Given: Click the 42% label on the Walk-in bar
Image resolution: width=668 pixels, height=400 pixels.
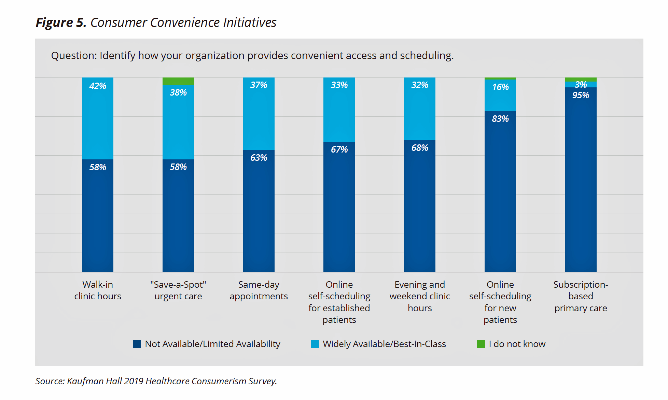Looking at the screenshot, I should tap(98, 86).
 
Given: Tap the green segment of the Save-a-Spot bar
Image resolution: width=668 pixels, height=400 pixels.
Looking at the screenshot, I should tap(178, 81).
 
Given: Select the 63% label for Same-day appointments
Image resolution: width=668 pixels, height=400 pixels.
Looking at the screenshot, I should tap(259, 158).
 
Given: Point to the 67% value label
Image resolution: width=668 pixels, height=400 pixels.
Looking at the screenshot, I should tap(339, 149).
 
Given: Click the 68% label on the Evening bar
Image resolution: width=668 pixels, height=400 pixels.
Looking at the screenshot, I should tap(420, 148).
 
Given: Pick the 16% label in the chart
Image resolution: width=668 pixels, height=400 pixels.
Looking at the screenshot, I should tap(500, 87).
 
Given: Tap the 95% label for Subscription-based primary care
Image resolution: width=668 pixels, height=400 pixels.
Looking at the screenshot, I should tap(581, 95).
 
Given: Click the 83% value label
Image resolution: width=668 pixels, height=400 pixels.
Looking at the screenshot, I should tap(500, 119).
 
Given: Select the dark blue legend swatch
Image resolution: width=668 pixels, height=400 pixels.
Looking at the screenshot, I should tap(137, 344).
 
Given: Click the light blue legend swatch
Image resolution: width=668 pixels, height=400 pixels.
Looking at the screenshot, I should tap(315, 344).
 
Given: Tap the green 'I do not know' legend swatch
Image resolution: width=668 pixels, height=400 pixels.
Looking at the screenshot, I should tap(481, 344).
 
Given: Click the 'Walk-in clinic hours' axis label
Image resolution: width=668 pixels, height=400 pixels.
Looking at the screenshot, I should tap(98, 290).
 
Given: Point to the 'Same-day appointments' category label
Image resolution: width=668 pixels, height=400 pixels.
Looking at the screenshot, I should tap(259, 290).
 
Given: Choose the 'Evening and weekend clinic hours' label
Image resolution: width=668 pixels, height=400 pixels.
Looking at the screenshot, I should tap(420, 296).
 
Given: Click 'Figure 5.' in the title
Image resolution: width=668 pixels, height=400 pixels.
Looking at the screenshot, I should tap(61, 23).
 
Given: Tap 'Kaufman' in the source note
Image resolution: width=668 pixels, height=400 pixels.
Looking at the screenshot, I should tap(85, 381).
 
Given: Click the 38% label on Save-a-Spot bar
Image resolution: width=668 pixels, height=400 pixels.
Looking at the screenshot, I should tap(178, 92).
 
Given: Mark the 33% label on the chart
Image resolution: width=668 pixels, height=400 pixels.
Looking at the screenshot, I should tap(339, 85).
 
